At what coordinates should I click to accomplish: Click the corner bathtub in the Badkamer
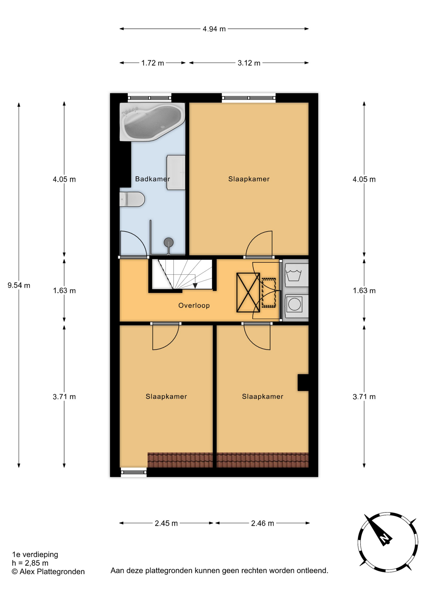tap(152, 122)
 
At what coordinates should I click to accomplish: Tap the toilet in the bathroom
tap(132, 199)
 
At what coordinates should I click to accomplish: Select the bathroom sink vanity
tap(176, 172)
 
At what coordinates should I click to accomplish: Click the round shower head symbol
tap(169, 242)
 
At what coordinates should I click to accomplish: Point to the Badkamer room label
tap(152, 179)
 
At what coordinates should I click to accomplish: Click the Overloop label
tap(194, 305)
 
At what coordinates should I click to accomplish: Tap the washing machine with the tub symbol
tap(296, 275)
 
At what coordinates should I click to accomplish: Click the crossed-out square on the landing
tap(248, 293)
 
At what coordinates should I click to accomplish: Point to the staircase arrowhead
tap(195, 286)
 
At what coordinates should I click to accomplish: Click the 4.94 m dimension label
tap(214, 29)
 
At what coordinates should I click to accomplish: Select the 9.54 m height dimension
tap(19, 285)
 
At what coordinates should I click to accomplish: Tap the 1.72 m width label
tap(152, 63)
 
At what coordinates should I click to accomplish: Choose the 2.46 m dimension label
tap(263, 523)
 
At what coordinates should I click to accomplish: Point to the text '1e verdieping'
tap(35, 554)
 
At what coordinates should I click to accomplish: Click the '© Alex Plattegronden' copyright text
tap(48, 572)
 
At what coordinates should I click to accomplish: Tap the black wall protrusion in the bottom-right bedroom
tap(303, 383)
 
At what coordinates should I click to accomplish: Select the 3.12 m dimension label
tap(249, 63)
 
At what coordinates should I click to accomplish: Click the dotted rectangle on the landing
tap(269, 293)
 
